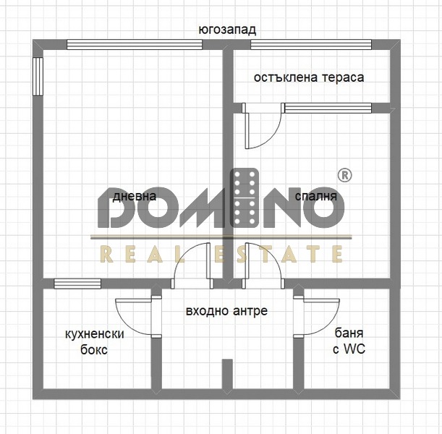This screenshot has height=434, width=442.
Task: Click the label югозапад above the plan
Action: [x=227, y=30]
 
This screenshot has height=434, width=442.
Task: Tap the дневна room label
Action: [x=134, y=196]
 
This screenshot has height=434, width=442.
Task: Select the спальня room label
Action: [x=316, y=196]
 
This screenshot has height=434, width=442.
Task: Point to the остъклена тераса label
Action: [x=309, y=77]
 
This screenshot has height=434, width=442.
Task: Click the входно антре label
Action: [x=226, y=311]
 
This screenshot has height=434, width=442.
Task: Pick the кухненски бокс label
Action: [x=95, y=342]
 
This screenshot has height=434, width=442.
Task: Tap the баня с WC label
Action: [x=349, y=341]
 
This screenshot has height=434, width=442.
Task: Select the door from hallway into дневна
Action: [x=192, y=265]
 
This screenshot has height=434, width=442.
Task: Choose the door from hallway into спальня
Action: [x=263, y=265]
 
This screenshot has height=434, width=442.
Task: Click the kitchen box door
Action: [x=138, y=317]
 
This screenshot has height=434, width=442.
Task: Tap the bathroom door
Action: [x=316, y=317]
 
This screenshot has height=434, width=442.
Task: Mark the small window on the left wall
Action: [x=38, y=77]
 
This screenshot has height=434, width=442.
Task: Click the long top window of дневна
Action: [x=135, y=45]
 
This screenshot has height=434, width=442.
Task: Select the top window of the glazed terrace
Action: [x=311, y=45]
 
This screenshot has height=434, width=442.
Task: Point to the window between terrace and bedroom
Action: [x=328, y=108]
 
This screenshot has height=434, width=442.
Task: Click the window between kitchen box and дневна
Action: [x=77, y=284]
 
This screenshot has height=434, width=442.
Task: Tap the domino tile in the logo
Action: [x=245, y=198]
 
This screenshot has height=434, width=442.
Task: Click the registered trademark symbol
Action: [x=344, y=175]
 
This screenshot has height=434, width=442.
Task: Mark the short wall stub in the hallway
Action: [x=227, y=374]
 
